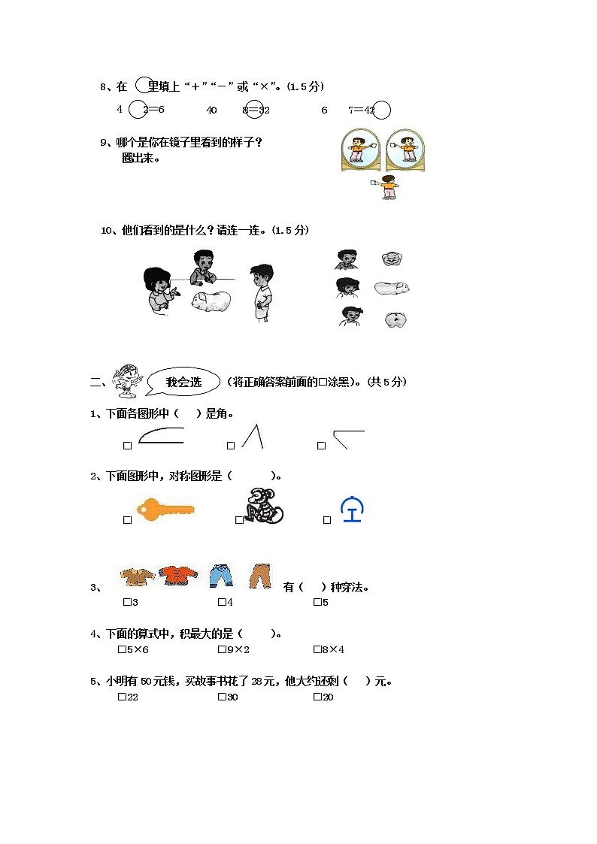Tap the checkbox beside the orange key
pyautogui.click(x=128, y=520)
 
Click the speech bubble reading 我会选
pyautogui.click(x=183, y=382)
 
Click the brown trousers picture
pyautogui.click(x=260, y=575)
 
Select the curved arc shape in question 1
pyautogui.click(x=161, y=437)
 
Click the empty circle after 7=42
pyautogui.click(x=382, y=110)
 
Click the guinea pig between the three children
pyautogui.click(x=213, y=301)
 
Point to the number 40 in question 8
pyautogui.click(x=211, y=110)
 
